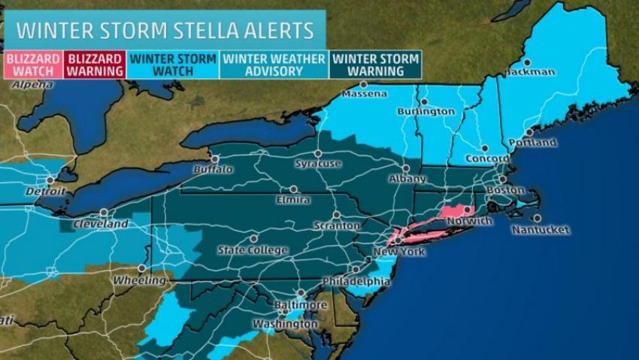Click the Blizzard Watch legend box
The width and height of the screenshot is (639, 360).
point(32,64)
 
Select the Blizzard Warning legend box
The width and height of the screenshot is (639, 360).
point(95,64)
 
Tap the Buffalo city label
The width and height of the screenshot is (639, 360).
point(213,170)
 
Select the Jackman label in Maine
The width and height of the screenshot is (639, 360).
point(530,72)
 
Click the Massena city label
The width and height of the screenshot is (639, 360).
point(365,95)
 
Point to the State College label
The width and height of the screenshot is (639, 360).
point(252,250)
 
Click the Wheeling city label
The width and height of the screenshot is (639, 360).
point(140,280)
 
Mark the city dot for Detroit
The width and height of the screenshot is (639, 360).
point(50,180)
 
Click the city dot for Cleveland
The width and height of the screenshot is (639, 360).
point(103,213)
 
